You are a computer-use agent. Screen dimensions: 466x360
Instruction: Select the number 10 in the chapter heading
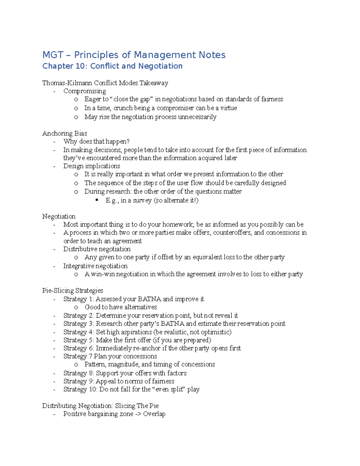click(x=80, y=66)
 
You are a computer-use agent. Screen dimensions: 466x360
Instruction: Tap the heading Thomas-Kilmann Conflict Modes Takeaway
click(x=105, y=83)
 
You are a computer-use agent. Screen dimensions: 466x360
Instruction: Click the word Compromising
click(x=85, y=91)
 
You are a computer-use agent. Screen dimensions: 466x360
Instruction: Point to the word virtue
click(x=229, y=108)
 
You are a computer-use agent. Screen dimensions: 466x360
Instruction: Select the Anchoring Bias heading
click(x=64, y=133)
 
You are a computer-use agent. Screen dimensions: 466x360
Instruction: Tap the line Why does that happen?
click(x=96, y=141)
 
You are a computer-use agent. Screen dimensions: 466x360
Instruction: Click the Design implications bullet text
click(x=91, y=166)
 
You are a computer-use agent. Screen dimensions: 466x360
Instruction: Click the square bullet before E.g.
click(x=97, y=200)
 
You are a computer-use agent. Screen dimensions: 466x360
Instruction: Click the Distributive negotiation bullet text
click(x=97, y=249)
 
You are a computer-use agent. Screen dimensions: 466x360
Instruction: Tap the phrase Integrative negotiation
click(x=95, y=266)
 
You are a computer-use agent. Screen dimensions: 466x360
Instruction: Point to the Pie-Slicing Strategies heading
click(x=73, y=290)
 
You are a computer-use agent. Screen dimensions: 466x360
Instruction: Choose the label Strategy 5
click(x=79, y=340)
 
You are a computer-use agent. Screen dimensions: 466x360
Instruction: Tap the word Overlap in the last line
click(x=154, y=414)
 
